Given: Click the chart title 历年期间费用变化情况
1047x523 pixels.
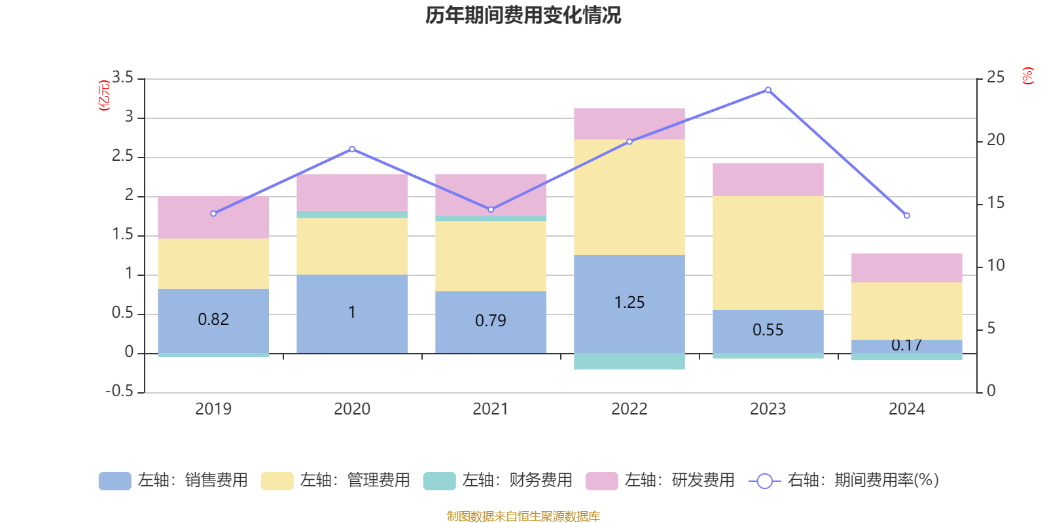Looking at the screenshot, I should click(523, 15).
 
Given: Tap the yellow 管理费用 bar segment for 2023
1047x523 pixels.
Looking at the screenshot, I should click(768, 252).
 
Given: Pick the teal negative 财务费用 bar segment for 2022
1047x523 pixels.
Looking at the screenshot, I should click(629, 362).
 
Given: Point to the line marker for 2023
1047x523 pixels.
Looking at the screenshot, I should click(768, 90).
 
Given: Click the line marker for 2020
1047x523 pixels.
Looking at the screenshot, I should click(352, 149).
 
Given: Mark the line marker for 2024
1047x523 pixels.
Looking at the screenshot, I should click(906, 216).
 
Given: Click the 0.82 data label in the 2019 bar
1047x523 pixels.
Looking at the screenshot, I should click(213, 320).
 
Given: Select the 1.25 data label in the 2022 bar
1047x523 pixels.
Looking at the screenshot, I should click(629, 303).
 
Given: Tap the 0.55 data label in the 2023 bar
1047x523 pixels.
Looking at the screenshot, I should click(768, 330).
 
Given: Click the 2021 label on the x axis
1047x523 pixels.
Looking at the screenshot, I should click(490, 409).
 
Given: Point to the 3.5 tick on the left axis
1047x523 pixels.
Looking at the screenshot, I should click(122, 78).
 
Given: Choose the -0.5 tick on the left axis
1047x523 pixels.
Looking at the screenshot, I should click(119, 391).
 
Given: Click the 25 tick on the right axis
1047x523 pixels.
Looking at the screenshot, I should click(995, 78).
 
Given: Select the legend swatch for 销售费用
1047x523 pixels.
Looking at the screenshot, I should click(115, 481).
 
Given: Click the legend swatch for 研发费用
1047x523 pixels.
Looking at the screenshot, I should click(601, 481).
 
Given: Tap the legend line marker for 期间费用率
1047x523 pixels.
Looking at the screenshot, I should click(764, 481).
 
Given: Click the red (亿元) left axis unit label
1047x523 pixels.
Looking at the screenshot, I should click(103, 95).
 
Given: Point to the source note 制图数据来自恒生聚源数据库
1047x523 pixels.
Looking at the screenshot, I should click(523, 516).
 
